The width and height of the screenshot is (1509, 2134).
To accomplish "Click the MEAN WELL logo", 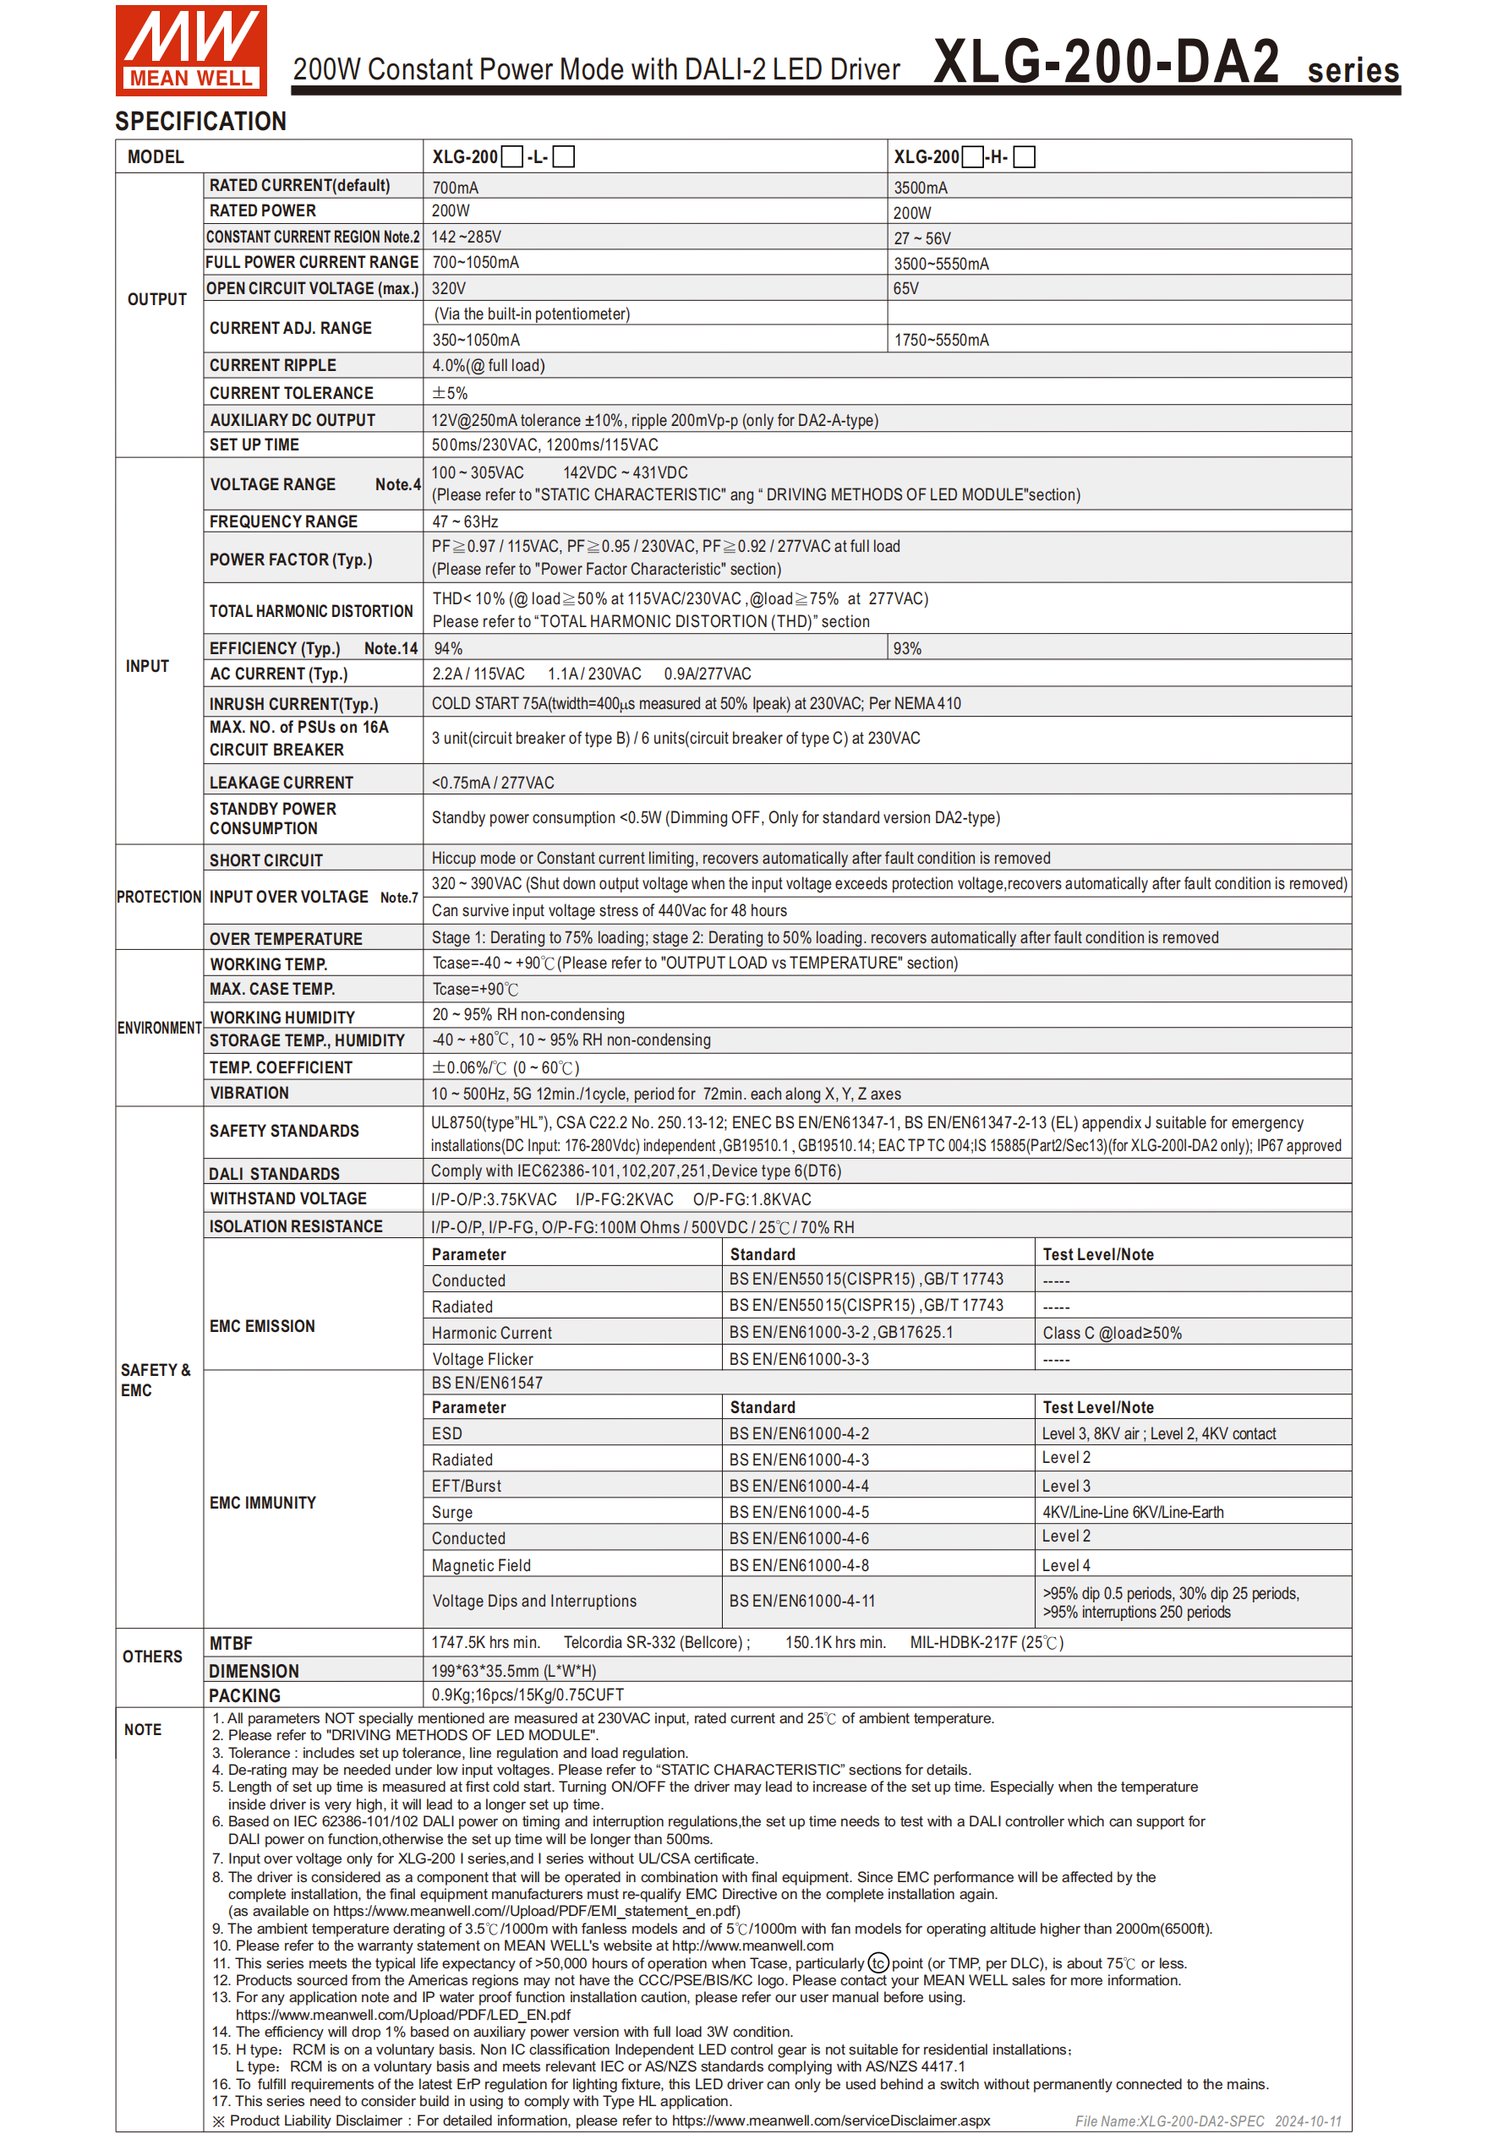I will click(190, 50).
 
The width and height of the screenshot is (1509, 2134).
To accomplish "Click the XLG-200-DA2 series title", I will click(1165, 63).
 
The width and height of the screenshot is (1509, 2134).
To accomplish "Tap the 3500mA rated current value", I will click(921, 188).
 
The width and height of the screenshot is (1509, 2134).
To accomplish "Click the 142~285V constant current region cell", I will click(466, 237).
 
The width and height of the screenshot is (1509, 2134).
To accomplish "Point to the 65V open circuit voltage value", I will click(905, 289).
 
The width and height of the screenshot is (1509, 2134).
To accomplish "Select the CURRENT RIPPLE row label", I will click(272, 365).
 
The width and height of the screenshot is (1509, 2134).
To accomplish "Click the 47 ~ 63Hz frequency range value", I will click(465, 521).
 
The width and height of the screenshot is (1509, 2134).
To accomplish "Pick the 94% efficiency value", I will click(448, 648).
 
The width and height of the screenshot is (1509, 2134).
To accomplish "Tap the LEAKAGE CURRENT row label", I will click(281, 783).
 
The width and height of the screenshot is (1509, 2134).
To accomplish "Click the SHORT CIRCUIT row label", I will click(266, 860).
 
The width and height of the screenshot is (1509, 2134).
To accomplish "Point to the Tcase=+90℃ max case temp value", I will click(475, 989).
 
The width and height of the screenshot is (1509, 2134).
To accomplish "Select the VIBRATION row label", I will click(249, 1093).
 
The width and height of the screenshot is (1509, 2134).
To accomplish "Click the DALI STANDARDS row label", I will click(274, 1174).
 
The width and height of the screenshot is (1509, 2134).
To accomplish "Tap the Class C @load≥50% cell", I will click(1111, 1333).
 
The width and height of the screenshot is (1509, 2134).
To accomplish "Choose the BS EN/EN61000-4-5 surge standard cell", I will click(799, 1512).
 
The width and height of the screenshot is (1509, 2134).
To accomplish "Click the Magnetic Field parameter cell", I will click(481, 1565).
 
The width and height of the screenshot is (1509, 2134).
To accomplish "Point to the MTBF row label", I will click(231, 1643).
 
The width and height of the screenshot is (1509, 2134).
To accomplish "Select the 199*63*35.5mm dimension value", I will click(513, 1670).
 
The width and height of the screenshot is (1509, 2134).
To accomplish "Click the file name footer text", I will click(1207, 2120).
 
